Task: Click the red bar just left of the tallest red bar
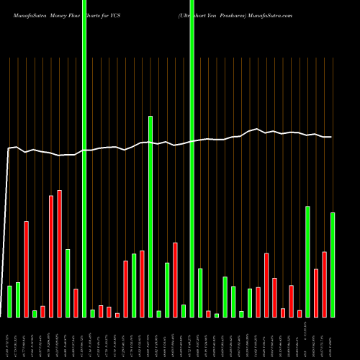coord(51,256)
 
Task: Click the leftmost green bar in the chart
coord(10,301)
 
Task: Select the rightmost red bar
coord(324,284)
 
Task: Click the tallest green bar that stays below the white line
coord(150,216)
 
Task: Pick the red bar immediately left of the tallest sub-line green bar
coord(142,284)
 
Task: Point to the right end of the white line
coord(331,137)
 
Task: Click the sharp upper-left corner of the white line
coord(9,149)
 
